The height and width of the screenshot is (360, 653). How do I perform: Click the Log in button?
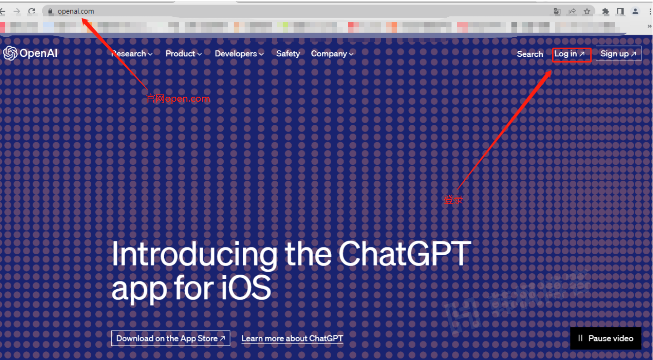click(x=570, y=54)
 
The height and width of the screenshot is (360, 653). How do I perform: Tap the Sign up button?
click(x=618, y=54)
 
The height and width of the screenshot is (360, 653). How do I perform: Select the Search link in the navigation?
click(x=530, y=54)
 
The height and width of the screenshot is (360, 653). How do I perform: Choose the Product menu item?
click(x=183, y=54)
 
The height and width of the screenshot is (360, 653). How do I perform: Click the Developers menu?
click(x=239, y=54)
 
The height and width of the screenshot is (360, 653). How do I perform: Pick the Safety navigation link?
click(x=288, y=54)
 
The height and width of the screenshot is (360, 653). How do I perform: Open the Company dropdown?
click(x=332, y=54)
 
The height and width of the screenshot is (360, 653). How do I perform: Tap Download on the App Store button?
click(x=171, y=338)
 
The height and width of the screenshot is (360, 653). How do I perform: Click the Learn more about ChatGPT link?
click(x=292, y=338)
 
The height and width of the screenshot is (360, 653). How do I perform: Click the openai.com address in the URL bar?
click(x=76, y=11)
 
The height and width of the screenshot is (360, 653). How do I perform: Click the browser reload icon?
click(x=31, y=11)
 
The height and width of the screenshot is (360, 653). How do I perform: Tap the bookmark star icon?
click(x=587, y=11)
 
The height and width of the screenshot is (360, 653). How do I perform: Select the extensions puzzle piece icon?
click(x=605, y=11)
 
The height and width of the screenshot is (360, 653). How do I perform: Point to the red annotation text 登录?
click(x=453, y=199)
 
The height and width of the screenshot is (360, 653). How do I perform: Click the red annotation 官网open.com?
click(x=178, y=99)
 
